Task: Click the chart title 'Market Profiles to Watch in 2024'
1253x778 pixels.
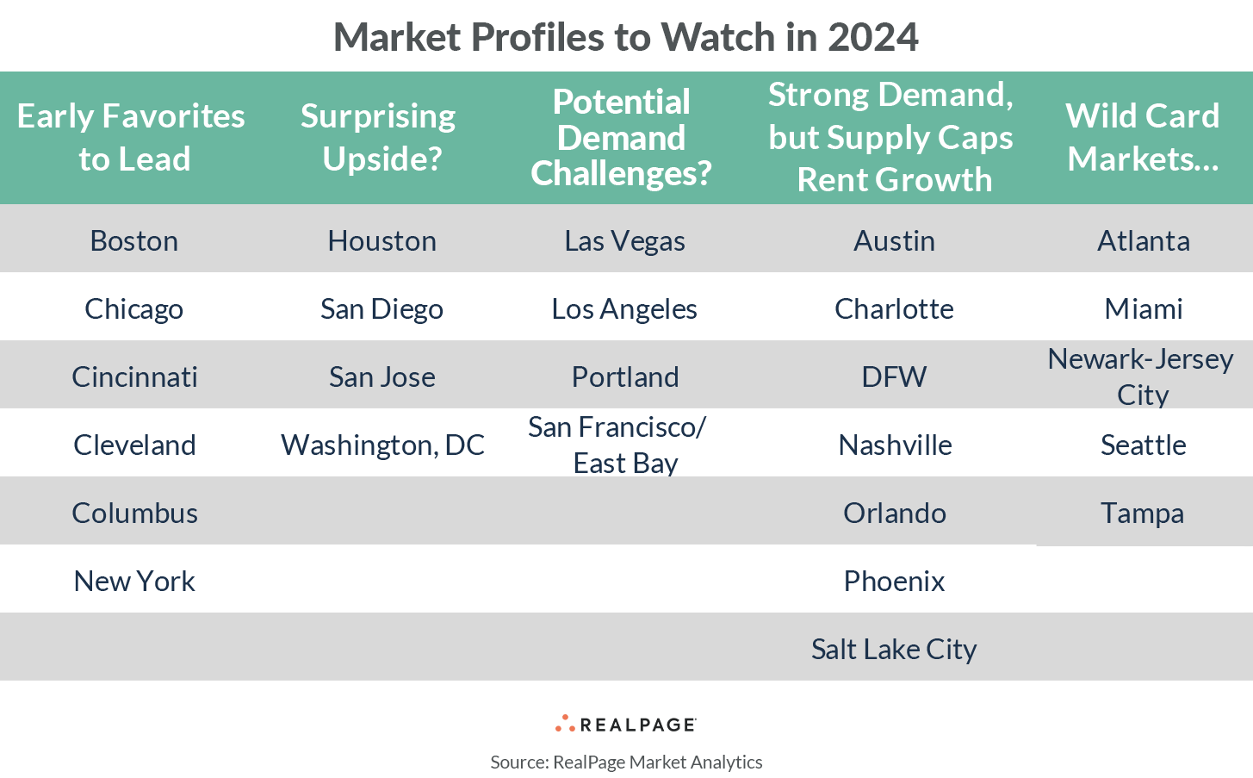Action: pyautogui.click(x=626, y=37)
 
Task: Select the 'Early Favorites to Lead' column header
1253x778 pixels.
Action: pyautogui.click(x=132, y=137)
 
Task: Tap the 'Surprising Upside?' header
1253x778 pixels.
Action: pyautogui.click(x=379, y=137)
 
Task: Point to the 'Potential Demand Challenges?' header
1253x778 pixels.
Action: pyautogui.click(x=621, y=137)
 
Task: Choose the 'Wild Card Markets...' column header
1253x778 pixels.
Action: pyautogui.click(x=1143, y=137)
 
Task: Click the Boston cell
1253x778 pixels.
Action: pyautogui.click(x=134, y=240)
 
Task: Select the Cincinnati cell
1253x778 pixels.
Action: pyautogui.click(x=134, y=377)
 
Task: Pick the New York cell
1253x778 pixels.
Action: pyautogui.click(x=134, y=581)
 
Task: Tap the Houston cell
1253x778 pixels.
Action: pyautogui.click(x=381, y=240)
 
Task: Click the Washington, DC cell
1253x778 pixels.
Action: pyautogui.click(x=382, y=445)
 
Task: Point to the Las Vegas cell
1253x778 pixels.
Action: pyautogui.click(x=624, y=240)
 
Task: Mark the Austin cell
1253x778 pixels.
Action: pyautogui.click(x=894, y=240)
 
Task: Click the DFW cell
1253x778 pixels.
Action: pyautogui.click(x=894, y=377)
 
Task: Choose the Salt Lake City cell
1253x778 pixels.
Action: pyautogui.click(x=894, y=649)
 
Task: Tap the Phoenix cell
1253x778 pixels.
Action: pyautogui.click(x=894, y=581)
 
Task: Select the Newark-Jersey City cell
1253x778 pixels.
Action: pyautogui.click(x=1141, y=377)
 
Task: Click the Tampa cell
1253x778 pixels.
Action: pyautogui.click(x=1142, y=513)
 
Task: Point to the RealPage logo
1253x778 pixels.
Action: pyautogui.click(x=626, y=724)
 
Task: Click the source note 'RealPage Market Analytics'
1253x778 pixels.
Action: pyautogui.click(x=626, y=762)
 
